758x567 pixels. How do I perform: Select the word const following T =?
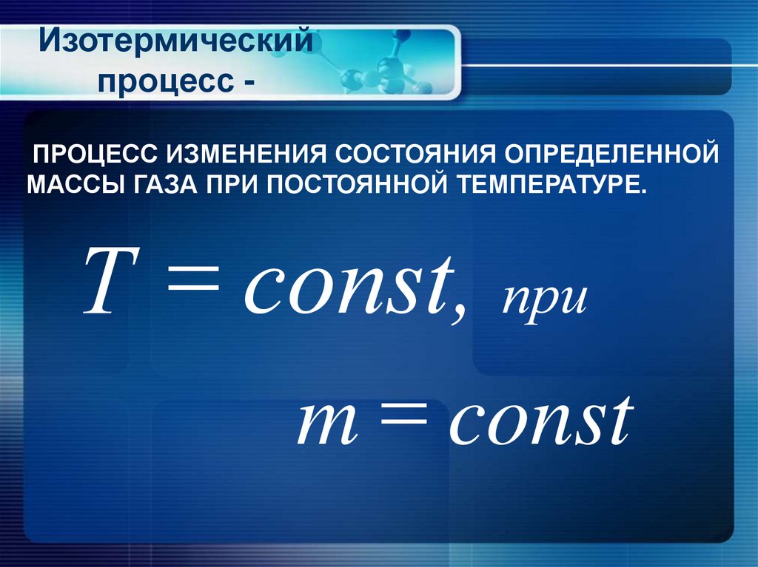point(354,285)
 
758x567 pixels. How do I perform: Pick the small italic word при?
point(544,299)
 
